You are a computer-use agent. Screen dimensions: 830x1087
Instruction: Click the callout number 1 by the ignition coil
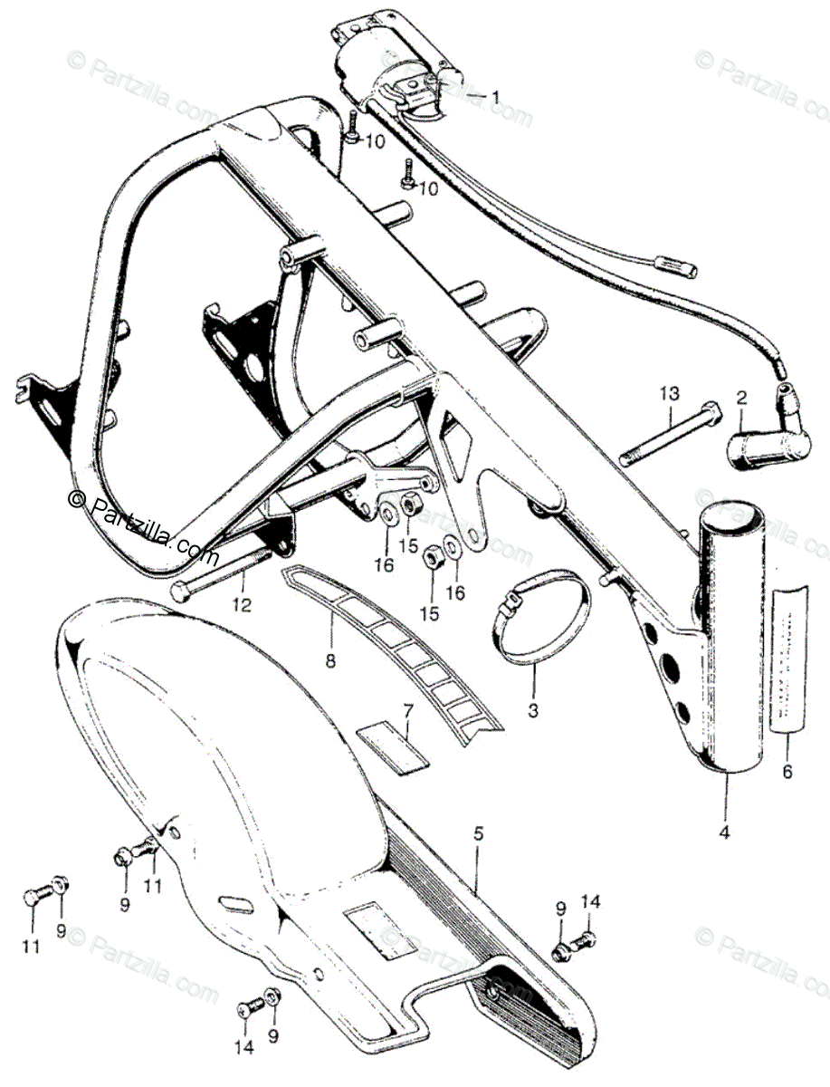point(496,95)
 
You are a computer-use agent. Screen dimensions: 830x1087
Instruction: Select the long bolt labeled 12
point(227,572)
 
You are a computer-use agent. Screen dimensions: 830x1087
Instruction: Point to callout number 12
point(239,604)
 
